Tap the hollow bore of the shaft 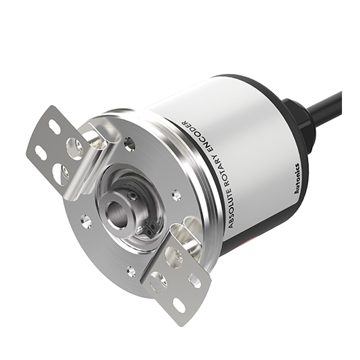[117, 213]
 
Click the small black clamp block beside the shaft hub [150, 230]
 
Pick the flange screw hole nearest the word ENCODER [129, 143]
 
